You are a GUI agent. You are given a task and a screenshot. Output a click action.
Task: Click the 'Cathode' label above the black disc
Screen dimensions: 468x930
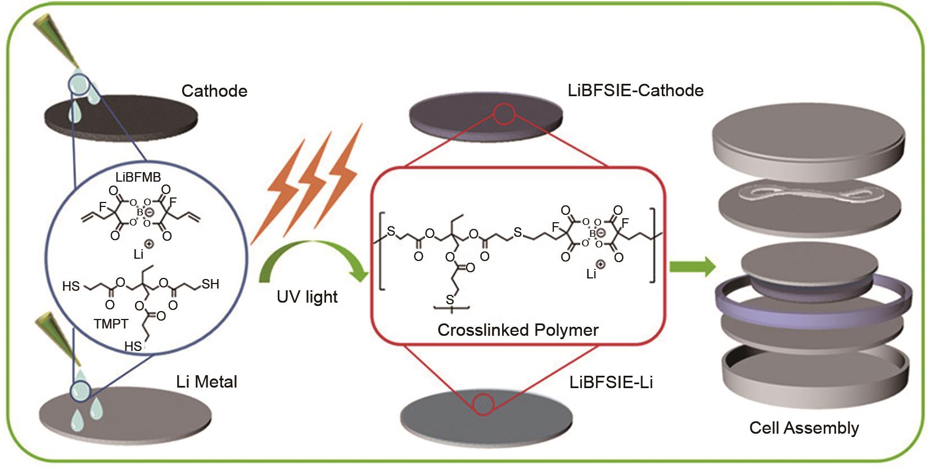tap(214, 91)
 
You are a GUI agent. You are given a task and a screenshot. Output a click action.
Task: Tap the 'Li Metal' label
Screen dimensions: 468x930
tap(206, 382)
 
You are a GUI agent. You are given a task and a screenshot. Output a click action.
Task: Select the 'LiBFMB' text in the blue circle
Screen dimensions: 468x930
tap(138, 177)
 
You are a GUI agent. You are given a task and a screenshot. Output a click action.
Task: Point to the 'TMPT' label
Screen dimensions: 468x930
tap(111, 324)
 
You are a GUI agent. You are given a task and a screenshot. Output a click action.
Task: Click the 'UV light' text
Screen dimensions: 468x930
tap(307, 297)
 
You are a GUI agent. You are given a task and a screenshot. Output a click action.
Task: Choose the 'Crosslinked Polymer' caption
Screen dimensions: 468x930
tap(517, 330)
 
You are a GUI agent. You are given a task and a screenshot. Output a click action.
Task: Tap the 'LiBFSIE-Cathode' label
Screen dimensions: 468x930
tap(635, 91)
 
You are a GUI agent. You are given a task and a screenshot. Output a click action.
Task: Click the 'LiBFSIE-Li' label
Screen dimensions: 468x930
tap(611, 382)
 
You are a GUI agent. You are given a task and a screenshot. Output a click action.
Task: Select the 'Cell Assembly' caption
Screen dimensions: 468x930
tap(803, 428)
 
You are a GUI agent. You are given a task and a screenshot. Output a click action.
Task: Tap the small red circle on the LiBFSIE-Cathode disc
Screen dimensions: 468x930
tap(504, 114)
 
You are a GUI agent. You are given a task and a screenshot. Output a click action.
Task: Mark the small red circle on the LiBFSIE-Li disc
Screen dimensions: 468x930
tap(483, 404)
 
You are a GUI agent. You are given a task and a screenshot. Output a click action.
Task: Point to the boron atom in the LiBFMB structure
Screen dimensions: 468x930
tap(140, 212)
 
